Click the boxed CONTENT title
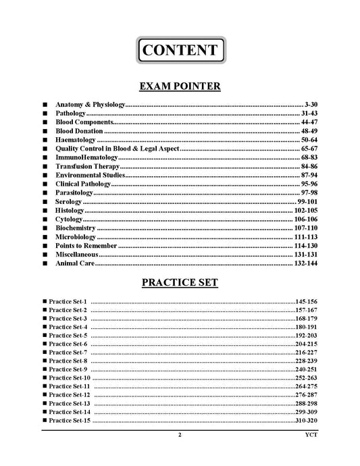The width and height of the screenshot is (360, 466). pyautogui.click(x=180, y=51)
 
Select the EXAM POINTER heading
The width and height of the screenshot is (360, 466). pyautogui.click(x=180, y=86)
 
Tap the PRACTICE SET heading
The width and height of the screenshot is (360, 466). pyautogui.click(x=180, y=282)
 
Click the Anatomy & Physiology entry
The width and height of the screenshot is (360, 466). pyautogui.click(x=91, y=105)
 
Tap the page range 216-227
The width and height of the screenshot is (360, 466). pyautogui.click(x=306, y=353)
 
